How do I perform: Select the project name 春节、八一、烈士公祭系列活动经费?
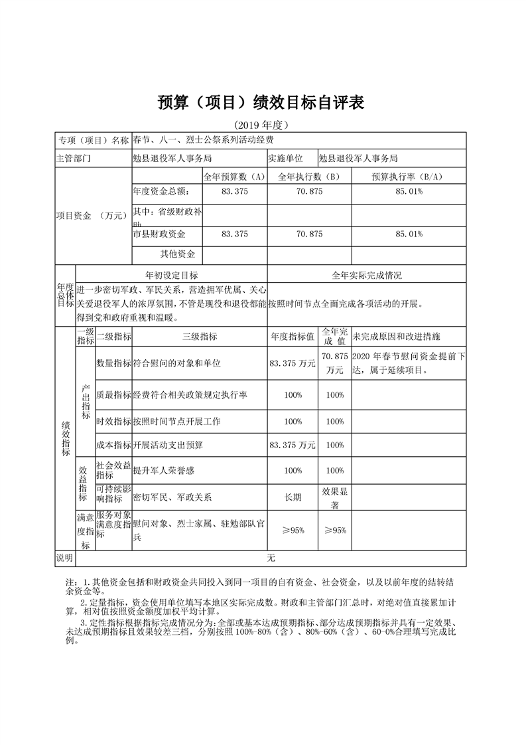[203, 140]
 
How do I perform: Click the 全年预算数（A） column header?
[234, 177]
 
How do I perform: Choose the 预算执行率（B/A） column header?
[408, 177]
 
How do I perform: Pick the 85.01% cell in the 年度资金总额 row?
[408, 191]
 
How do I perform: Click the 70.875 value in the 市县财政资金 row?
[309, 234]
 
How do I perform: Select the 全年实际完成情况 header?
[366, 275]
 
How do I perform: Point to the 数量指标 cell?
[114, 364]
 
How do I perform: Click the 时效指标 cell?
[114, 422]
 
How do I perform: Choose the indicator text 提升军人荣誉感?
[163, 470]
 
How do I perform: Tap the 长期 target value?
[293, 497]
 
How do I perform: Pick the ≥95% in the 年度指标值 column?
[293, 530]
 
